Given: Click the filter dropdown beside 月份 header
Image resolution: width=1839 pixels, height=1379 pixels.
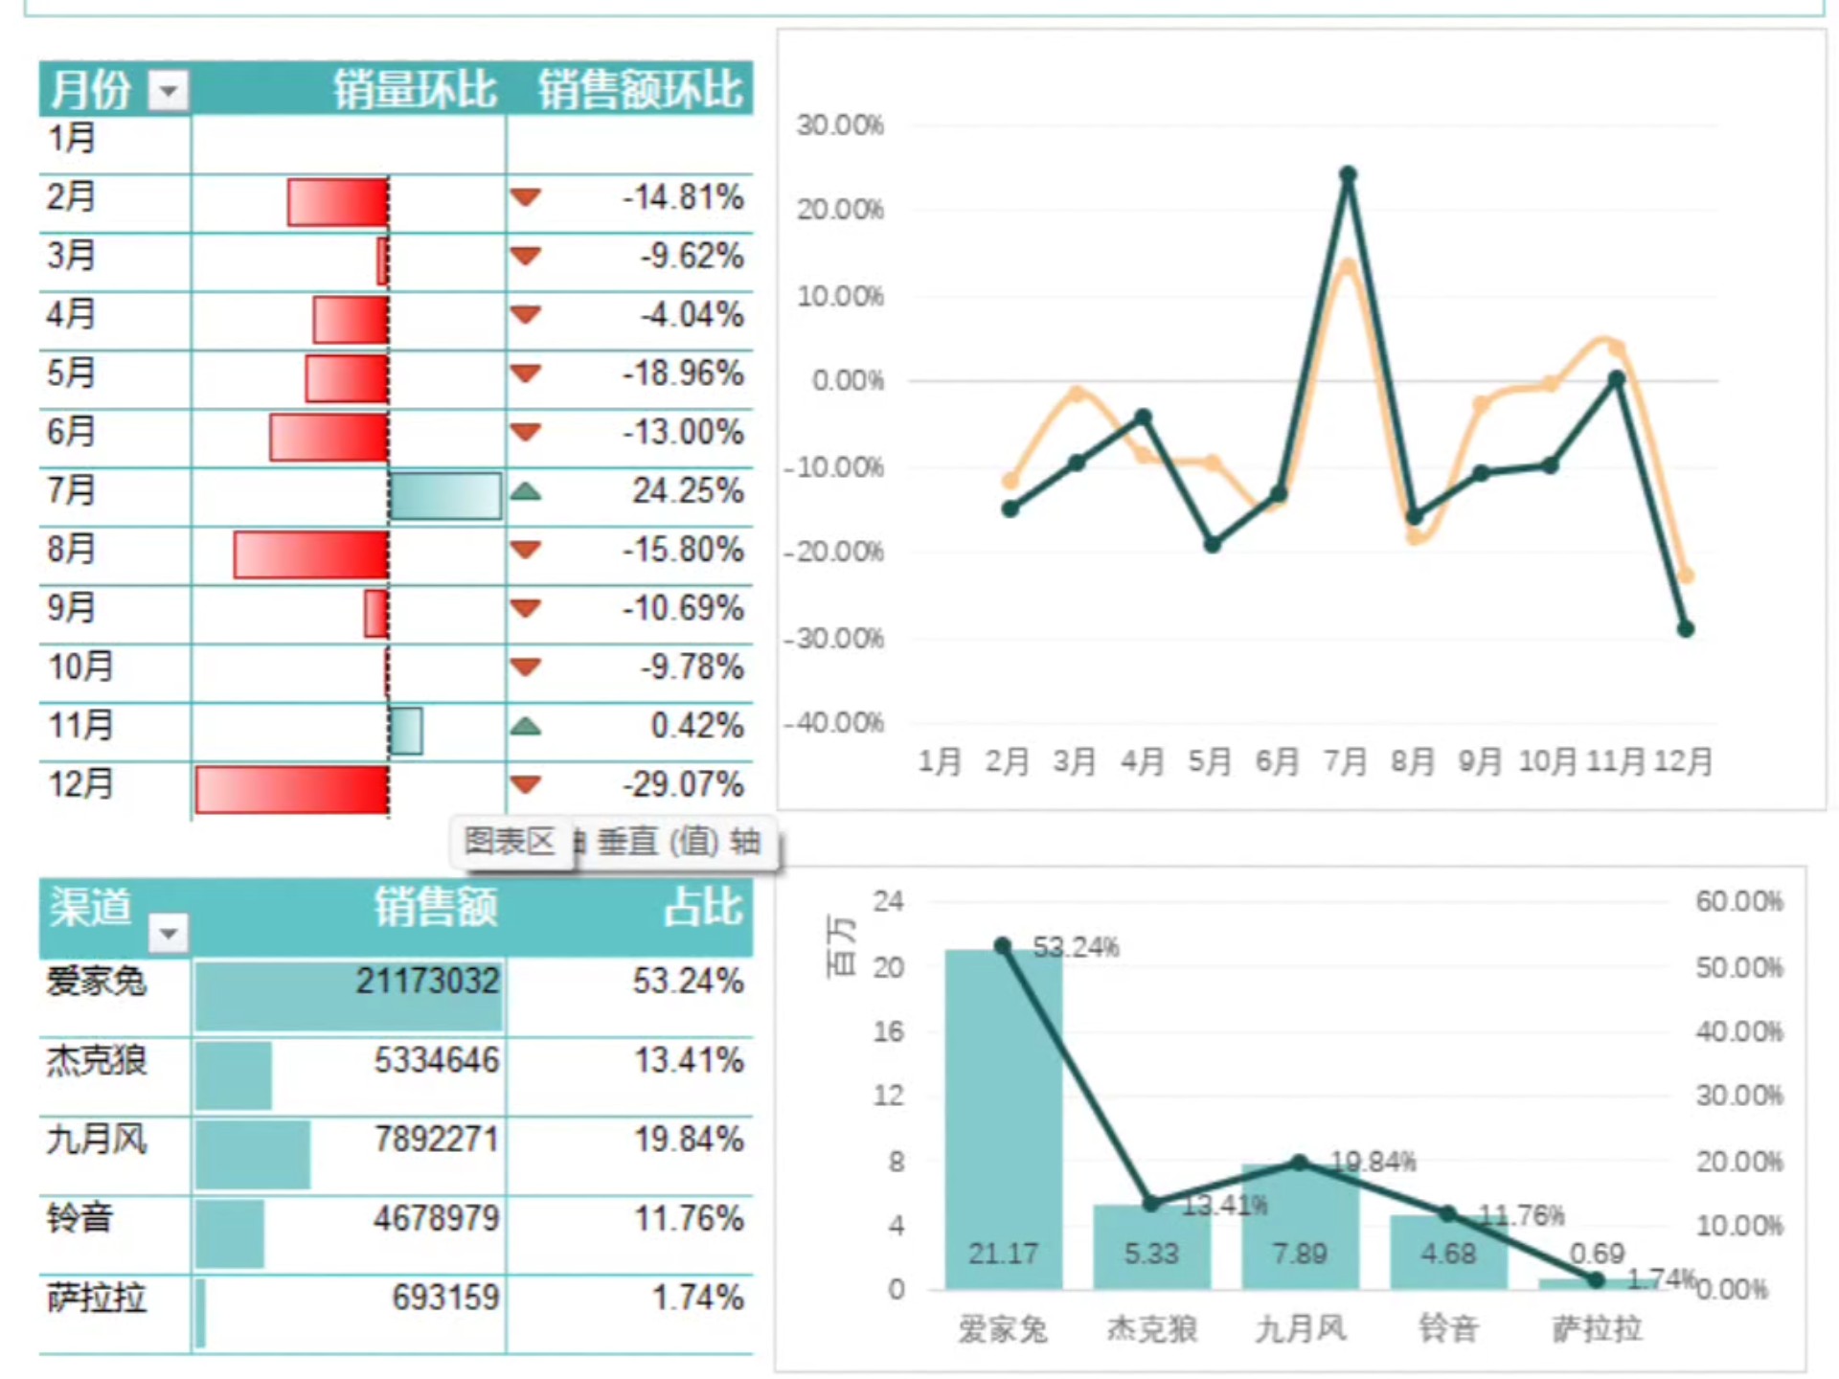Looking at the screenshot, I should point(169,91).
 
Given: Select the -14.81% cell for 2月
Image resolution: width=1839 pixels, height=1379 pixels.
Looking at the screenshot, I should point(683,198).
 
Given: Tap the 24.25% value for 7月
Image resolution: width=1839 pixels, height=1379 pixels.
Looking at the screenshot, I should point(688,491).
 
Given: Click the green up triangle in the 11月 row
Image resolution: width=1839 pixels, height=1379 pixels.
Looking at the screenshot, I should point(526,727).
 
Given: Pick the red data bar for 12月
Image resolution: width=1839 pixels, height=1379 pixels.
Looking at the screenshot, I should point(291,789).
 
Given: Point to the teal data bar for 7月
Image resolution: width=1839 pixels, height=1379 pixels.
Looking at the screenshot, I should point(445,495).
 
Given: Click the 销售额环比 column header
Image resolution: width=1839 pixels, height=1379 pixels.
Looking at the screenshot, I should point(640,90).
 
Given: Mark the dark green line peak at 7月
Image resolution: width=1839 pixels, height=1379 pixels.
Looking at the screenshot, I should point(1348,174).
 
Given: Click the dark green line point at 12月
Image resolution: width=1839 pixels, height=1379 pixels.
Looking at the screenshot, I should point(1686,629).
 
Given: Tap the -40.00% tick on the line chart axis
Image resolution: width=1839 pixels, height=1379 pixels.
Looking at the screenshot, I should point(834,723).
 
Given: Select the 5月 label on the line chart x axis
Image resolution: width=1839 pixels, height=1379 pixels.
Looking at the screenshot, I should point(1210,762).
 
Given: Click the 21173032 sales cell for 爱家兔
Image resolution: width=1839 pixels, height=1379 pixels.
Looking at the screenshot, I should point(427,982).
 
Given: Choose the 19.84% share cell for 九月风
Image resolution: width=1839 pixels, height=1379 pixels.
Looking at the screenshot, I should point(689,1140).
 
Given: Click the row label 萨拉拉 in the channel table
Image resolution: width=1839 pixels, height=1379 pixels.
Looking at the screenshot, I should point(97,1299).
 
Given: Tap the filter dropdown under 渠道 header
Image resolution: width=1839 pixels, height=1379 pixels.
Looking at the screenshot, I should point(169,932).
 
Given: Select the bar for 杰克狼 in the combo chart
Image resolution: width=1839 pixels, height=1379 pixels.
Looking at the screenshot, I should point(1151,1246).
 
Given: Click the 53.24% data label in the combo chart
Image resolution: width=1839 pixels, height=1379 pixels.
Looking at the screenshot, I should point(1076,948).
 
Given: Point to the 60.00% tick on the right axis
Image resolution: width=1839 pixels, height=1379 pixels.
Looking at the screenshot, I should point(1738,901).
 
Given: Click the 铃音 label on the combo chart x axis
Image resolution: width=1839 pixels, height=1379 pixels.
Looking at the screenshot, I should point(1448,1329).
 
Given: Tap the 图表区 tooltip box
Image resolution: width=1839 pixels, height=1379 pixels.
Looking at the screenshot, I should point(510,842).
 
